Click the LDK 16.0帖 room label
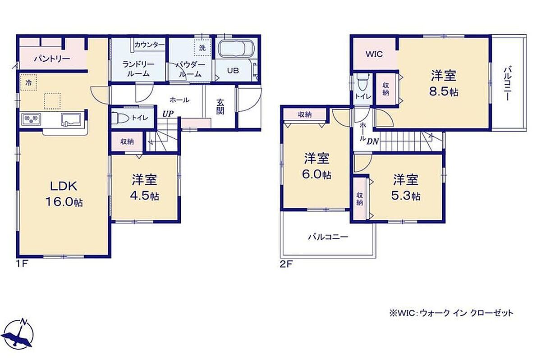pos(64,194)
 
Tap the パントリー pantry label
pos(52,59)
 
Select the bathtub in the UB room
pos(236,48)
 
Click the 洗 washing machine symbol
pos(202,48)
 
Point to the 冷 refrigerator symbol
pos(28,82)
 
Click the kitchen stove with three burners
pos(31,119)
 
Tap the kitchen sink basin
pos(71,120)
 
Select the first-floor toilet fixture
pos(120,118)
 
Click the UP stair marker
pos(168,114)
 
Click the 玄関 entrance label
pos(220,107)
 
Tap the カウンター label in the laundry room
pos(150,45)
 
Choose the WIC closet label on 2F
pos(374,54)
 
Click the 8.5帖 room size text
pos(444,92)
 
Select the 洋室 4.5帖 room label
pos(144,187)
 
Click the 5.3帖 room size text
pos(405,196)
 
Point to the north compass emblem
pos(18,334)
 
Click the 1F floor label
pos(22,264)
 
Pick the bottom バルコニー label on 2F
pos(328,237)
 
